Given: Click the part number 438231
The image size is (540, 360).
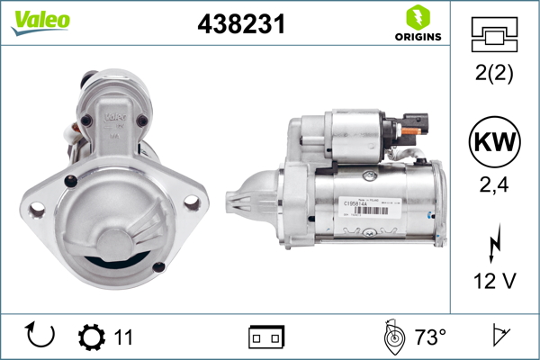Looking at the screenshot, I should pos(240,25).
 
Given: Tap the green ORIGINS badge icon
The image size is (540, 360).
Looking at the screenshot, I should pos(418,17).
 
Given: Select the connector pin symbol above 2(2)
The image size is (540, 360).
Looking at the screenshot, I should pos(495,35).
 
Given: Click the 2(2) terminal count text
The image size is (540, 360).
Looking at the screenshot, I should pos(495,75).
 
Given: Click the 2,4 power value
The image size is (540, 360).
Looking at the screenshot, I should pos(495,186).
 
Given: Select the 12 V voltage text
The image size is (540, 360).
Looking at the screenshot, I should pos(495,281).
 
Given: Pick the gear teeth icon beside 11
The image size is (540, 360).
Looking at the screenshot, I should pos(91,337).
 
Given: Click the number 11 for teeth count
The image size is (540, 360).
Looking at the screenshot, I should pos(123,337).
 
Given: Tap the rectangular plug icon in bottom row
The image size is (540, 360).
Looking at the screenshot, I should pos(265,337).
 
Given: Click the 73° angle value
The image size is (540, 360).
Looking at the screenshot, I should pos(430,337).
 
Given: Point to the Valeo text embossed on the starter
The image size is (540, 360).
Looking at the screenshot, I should pos(114,116).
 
